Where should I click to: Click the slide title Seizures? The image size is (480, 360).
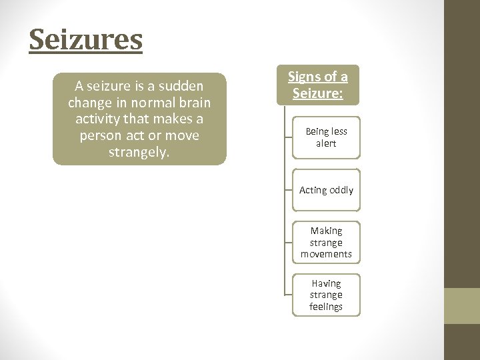pos(85,39)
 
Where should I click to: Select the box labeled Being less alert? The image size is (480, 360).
pos(326,137)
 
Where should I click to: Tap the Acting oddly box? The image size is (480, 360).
pos(326,190)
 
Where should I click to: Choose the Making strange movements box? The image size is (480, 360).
pos(326,242)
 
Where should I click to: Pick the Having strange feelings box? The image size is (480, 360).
pos(326,295)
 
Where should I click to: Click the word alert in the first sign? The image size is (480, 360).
pos(326,143)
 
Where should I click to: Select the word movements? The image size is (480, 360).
pos(326,254)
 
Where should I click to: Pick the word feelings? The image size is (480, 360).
pos(326,307)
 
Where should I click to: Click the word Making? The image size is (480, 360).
pos(326,230)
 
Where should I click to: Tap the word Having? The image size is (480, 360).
pos(326,283)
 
